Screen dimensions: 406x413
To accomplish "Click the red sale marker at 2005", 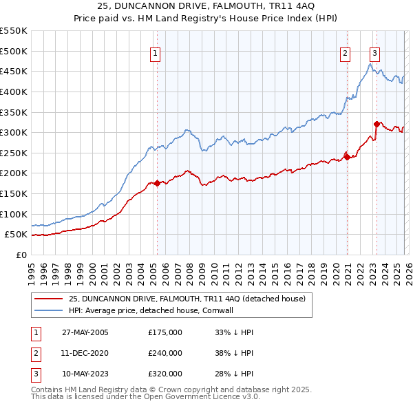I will point(157,183).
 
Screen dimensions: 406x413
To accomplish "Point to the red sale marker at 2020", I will point(348,157).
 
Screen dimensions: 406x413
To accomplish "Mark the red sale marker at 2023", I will point(377,125).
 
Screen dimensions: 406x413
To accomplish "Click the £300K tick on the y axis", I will point(14,132).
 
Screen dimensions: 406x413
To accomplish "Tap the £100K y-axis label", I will point(14,214).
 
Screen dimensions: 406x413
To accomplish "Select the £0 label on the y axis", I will point(21,255).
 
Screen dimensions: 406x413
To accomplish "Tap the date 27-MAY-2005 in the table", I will point(85,332).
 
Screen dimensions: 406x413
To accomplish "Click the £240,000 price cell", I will point(165,353).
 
